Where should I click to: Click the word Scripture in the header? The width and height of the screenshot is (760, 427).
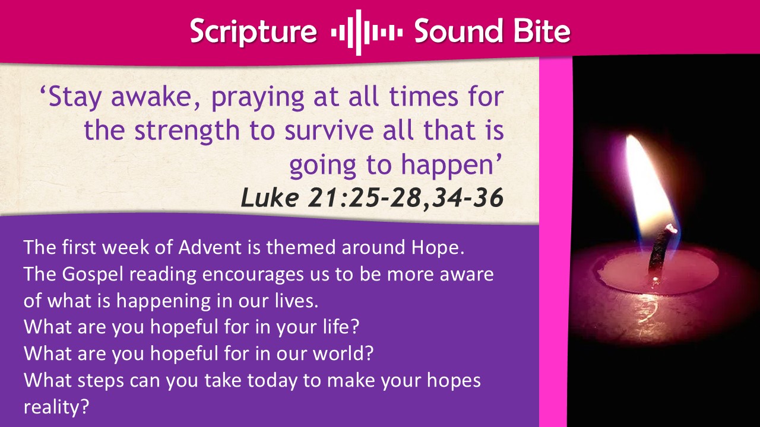pyautogui.click(x=254, y=32)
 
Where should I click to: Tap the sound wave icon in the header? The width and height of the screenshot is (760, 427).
pyautogui.click(x=367, y=33)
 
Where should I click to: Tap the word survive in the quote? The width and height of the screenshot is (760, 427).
pyautogui.click(x=329, y=131)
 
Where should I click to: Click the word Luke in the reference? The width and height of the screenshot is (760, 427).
pyautogui.click(x=270, y=197)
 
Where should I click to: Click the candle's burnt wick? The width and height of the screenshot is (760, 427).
pyautogui.click(x=661, y=253)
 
